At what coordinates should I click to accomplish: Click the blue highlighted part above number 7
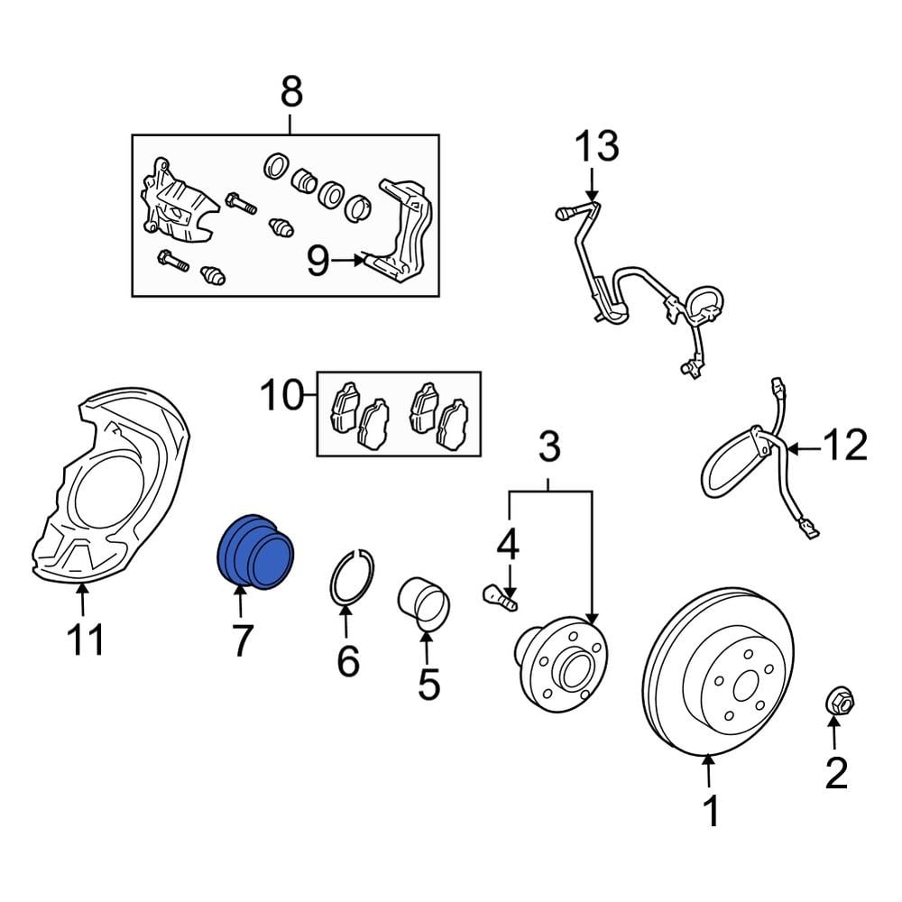coord(256,552)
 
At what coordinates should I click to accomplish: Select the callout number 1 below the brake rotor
coord(711,812)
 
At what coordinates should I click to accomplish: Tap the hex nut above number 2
coord(839,700)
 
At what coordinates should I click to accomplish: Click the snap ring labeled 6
coord(352,578)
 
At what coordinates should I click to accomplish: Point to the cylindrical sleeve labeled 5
coord(424,603)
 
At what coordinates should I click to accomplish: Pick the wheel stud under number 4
coord(499,596)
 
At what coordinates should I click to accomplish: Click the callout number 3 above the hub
coord(549,446)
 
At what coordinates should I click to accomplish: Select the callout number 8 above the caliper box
coord(290,92)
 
